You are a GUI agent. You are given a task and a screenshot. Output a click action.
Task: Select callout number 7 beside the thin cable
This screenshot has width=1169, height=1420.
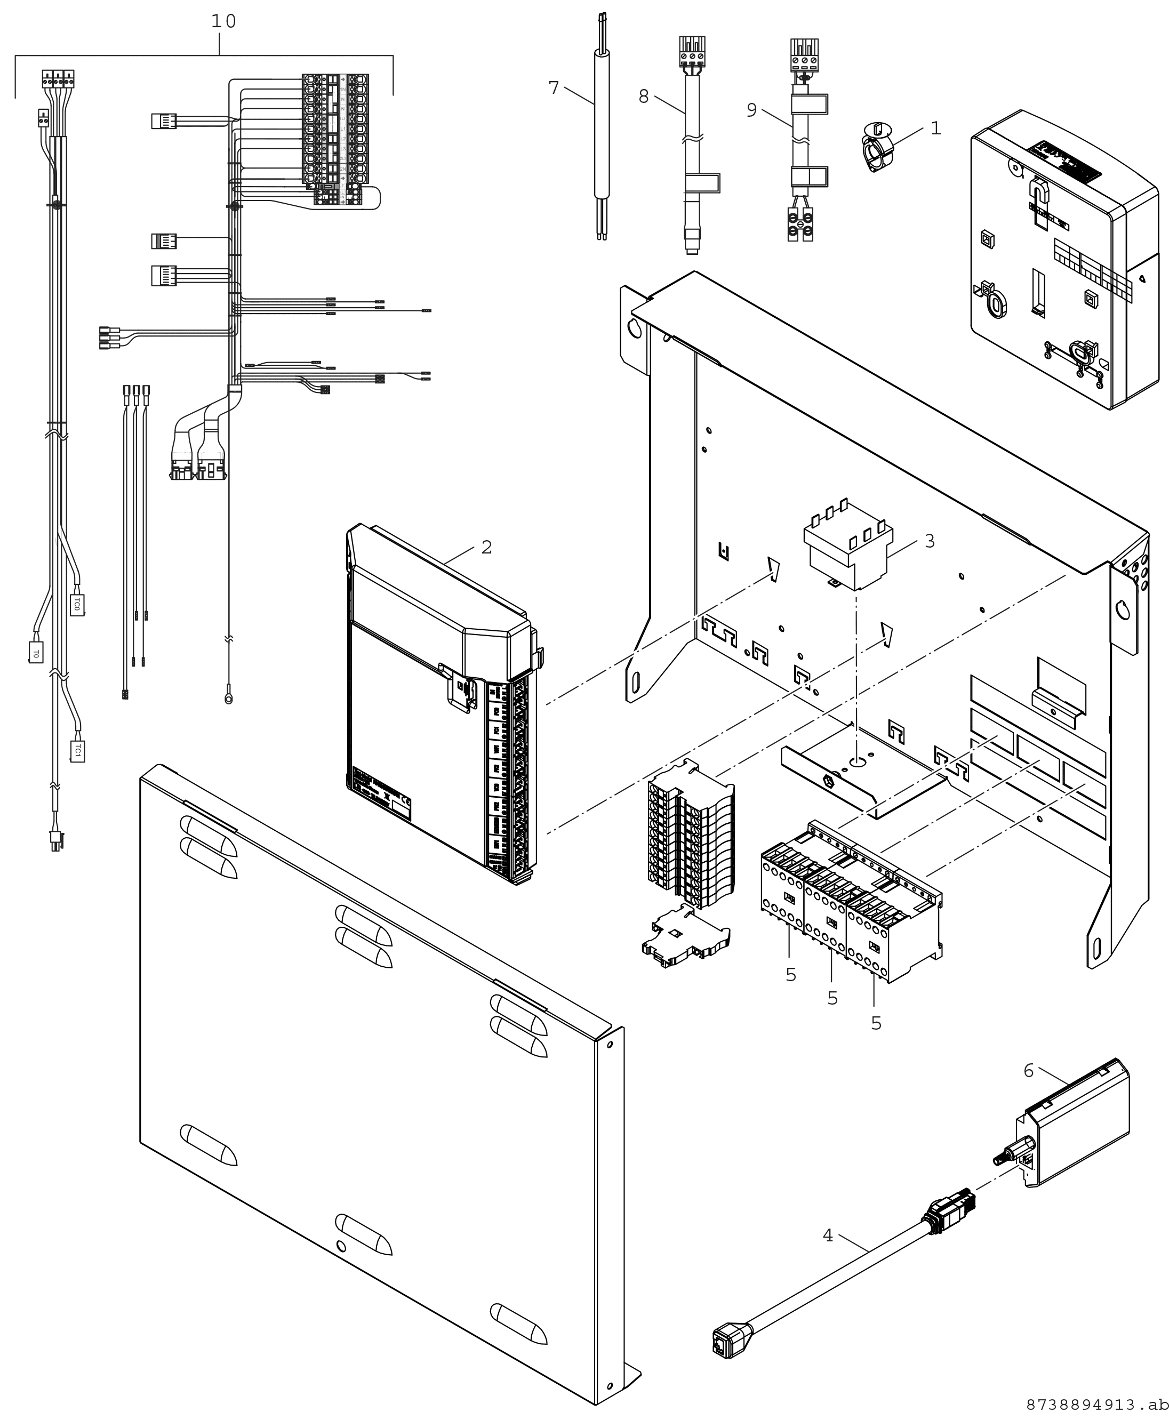click(x=554, y=88)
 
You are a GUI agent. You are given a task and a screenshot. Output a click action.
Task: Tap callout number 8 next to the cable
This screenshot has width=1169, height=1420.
click(x=644, y=97)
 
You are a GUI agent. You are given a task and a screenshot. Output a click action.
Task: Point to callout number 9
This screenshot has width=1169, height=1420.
click(x=751, y=110)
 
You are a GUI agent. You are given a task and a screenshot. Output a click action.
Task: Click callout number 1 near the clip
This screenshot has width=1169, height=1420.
click(x=935, y=128)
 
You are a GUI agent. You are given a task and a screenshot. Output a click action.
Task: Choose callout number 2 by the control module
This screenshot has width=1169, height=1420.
click(x=486, y=548)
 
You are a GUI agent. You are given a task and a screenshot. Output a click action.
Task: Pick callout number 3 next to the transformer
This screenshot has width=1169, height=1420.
click(x=929, y=541)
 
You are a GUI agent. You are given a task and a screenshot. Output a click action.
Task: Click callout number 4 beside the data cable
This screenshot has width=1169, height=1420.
click(x=828, y=1236)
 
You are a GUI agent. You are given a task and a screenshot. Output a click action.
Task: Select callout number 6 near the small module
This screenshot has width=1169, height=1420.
click(x=1028, y=1071)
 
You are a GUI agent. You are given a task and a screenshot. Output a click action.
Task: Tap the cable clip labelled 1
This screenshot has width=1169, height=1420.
click(x=877, y=146)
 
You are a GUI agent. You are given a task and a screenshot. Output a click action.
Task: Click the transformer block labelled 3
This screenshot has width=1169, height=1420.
click(x=848, y=546)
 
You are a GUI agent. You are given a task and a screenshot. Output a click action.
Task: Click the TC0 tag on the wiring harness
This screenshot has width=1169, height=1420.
click(x=77, y=604)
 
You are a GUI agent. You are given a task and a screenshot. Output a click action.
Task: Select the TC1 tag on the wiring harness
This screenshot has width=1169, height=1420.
click(x=77, y=751)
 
